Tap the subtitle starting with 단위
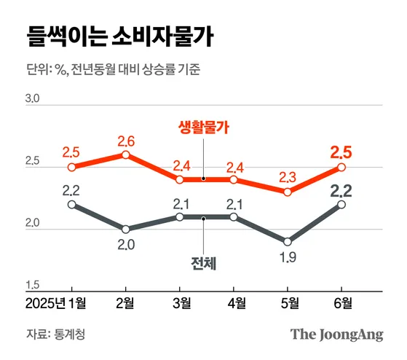pyautogui.click(x=113, y=71)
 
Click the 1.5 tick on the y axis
pyautogui.click(x=33, y=285)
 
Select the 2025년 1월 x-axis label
pyautogui.click(x=55, y=302)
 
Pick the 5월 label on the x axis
pyautogui.click(x=289, y=302)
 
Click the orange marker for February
pyautogui.click(x=126, y=154)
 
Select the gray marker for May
pyautogui.click(x=289, y=241)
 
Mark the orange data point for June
pyautogui.click(x=342, y=167)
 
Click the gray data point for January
pyautogui.click(x=71, y=204)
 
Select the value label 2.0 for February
pyautogui.click(x=126, y=245)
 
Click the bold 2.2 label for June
pyautogui.click(x=342, y=191)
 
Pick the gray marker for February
pyautogui.click(x=126, y=229)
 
